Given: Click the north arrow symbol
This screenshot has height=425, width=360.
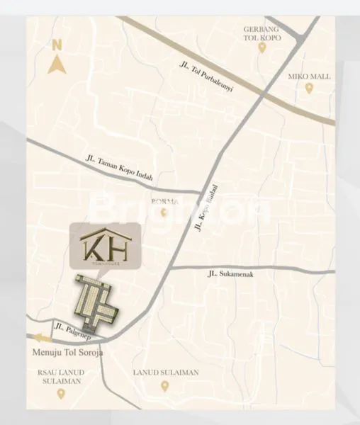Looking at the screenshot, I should (56, 65).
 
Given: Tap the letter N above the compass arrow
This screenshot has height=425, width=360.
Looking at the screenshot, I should (57, 45).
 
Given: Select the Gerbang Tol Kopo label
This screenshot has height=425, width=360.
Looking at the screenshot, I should (261, 33).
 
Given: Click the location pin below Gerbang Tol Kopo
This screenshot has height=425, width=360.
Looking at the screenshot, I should (261, 48).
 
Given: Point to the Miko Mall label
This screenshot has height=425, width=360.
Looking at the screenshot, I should (308, 75).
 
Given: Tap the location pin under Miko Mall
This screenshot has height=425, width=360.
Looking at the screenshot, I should (308, 87).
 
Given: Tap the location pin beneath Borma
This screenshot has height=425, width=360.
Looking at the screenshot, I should (164, 212).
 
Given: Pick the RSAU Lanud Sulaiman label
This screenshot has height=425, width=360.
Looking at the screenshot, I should (62, 375).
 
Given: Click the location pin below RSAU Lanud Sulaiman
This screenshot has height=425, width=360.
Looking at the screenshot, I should (62, 392).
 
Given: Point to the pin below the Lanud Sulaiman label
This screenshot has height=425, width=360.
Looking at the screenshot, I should (164, 386).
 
